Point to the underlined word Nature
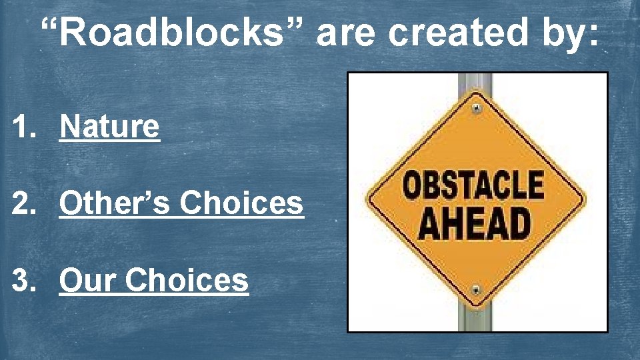[109, 126]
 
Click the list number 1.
[24, 127]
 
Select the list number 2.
[24, 204]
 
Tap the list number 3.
[24, 281]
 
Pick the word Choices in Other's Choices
[242, 203]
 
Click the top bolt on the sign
[475, 108]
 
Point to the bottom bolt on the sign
[475, 290]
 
